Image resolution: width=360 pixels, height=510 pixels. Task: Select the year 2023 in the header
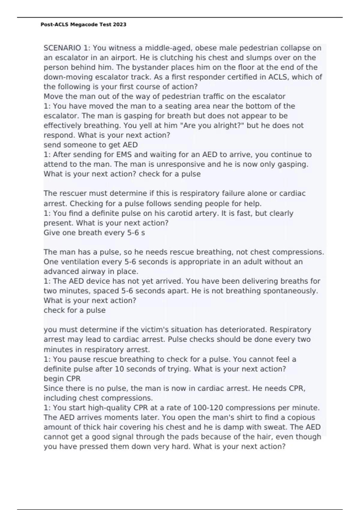pyautogui.click(x=120, y=25)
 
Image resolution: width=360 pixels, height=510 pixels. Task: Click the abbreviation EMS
pyautogui.click(x=116, y=155)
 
